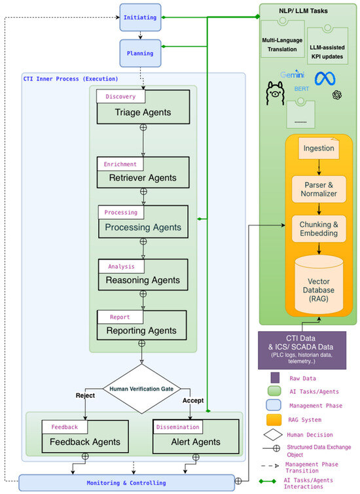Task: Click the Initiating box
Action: [x=140, y=17]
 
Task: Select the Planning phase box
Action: [x=140, y=53]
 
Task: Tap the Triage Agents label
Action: [x=143, y=113]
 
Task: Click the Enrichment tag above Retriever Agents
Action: [x=120, y=164]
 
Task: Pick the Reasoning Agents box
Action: [x=143, y=275]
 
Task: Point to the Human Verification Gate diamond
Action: [x=141, y=389]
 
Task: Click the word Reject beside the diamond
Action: [x=85, y=395]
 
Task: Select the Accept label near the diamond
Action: [x=193, y=400]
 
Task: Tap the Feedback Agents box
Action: [x=85, y=436]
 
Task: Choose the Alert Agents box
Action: [x=196, y=436]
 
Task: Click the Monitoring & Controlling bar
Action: [x=126, y=483]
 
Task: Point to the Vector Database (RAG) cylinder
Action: [x=319, y=285]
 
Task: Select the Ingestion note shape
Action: [x=319, y=148]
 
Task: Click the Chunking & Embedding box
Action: [x=319, y=229]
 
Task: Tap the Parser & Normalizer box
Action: [x=319, y=189]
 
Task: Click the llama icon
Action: [x=275, y=94]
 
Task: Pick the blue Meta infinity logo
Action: [x=325, y=79]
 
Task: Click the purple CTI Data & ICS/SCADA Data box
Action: [x=302, y=350]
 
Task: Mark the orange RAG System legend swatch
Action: [x=274, y=419]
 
